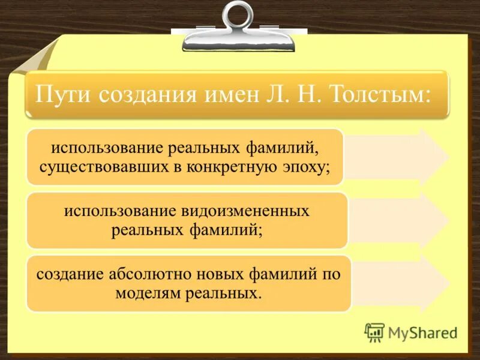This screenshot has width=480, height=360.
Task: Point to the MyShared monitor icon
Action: (374, 332)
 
